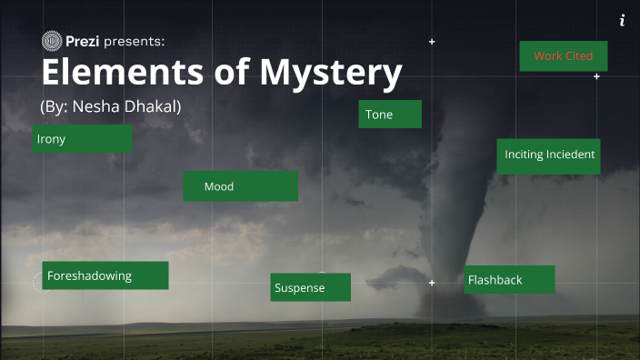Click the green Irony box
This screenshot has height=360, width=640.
click(82, 139)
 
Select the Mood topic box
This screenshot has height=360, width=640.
click(240, 186)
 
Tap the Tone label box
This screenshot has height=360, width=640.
click(390, 115)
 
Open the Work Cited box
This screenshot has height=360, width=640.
click(563, 56)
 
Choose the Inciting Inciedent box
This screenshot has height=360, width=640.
click(549, 155)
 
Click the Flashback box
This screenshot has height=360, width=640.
click(509, 280)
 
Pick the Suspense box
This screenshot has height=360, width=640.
click(310, 287)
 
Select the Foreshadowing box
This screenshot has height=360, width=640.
click(105, 275)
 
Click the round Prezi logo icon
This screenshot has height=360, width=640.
click(52, 40)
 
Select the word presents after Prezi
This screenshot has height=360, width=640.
click(134, 41)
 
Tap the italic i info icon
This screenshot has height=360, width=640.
click(622, 21)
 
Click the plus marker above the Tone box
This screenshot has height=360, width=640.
click(432, 42)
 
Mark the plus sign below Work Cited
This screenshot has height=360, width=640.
click(596, 76)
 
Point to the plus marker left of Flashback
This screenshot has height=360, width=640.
click(432, 283)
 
